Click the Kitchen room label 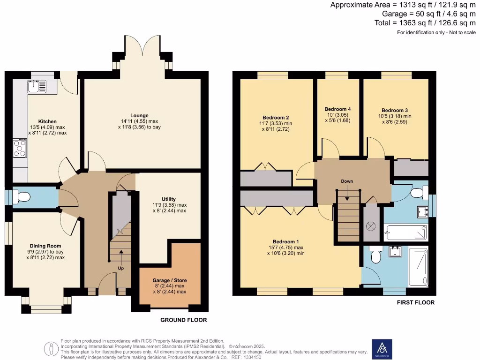pos(47,121)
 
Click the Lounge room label pos(140,115)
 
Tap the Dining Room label pos(45,246)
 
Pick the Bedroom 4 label pos(337,109)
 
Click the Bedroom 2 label pos(275,117)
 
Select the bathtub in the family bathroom pos(406,231)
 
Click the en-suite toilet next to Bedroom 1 pos(375,256)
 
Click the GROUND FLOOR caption pos(183,320)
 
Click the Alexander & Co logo pos(382,348)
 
